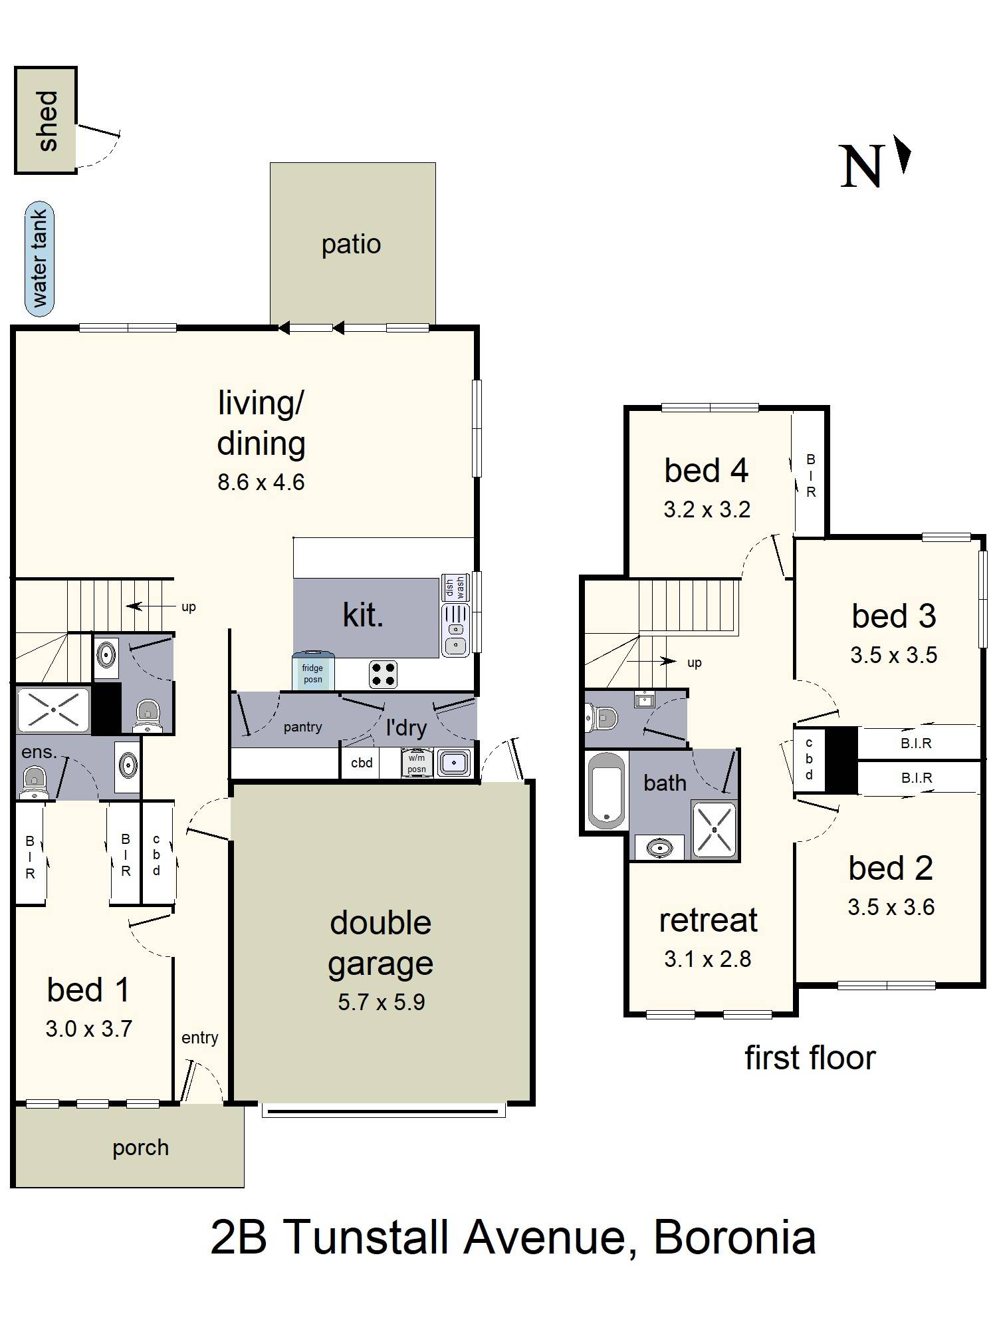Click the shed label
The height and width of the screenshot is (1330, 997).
(x=47, y=121)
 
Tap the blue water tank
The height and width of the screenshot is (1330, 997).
(x=39, y=259)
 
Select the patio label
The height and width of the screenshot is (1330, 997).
(x=351, y=244)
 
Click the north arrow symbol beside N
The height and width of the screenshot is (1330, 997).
(x=903, y=154)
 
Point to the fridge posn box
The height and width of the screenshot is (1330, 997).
(x=312, y=673)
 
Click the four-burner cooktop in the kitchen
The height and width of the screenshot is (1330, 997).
(x=384, y=674)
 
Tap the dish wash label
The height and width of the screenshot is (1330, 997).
(x=455, y=587)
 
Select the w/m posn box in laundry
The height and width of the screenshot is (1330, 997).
(x=417, y=763)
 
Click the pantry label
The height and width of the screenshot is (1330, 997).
(x=302, y=727)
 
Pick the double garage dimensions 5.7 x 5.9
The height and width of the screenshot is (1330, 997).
(x=381, y=1001)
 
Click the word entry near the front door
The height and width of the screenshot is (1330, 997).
(x=199, y=1037)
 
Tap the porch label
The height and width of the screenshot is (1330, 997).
(x=140, y=1147)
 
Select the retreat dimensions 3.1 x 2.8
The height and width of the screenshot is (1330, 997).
(x=707, y=958)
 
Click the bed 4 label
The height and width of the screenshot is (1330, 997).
(x=706, y=471)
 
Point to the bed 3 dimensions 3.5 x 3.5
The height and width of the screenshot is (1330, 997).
(x=893, y=654)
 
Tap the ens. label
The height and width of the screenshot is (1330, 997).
(x=39, y=752)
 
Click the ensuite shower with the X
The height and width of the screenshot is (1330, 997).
(x=53, y=710)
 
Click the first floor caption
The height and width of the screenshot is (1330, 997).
(x=810, y=1057)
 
